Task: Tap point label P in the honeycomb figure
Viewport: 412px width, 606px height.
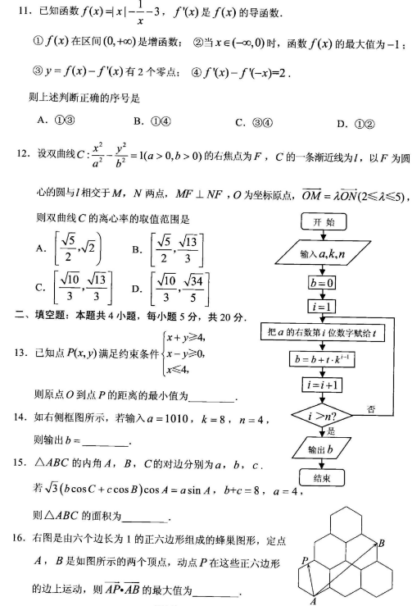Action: (x=304, y=560)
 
